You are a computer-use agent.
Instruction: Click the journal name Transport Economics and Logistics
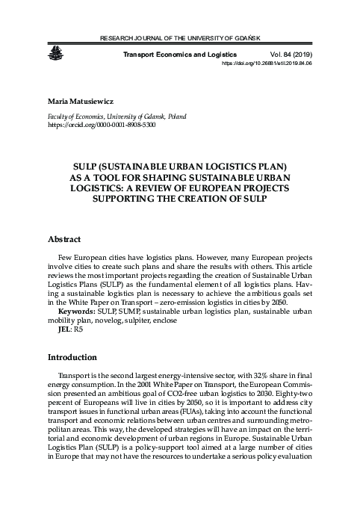pyautogui.click(x=180, y=55)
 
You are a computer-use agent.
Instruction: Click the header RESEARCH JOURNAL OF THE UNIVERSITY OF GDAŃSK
pyautogui.click(x=179, y=37)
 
